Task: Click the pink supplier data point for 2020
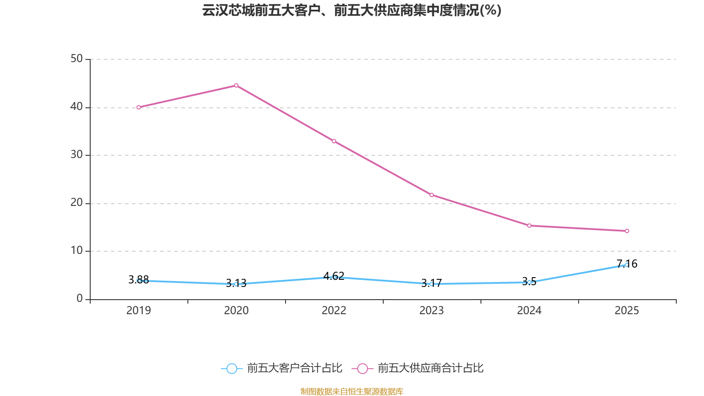pos(236,85)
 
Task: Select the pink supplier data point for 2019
pos(139,107)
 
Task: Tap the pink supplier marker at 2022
pos(334,141)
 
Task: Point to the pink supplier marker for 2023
pos(432,195)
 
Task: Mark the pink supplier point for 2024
pos(529,226)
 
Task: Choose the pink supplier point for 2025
pos(627,231)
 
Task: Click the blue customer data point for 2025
pos(627,265)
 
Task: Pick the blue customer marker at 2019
pos(139,281)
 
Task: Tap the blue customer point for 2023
pos(431,284)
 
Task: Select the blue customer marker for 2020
pos(236,284)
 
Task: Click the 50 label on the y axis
pos(77,59)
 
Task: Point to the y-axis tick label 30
pos(77,155)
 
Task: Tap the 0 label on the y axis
pos(80,299)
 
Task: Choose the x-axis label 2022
pos(334,311)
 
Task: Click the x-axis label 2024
pos(529,311)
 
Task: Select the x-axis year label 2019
pos(139,311)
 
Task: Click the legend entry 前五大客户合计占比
pos(282,368)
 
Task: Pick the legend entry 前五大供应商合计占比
pos(418,368)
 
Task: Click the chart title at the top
pos(352,11)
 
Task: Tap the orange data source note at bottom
pos(352,391)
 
